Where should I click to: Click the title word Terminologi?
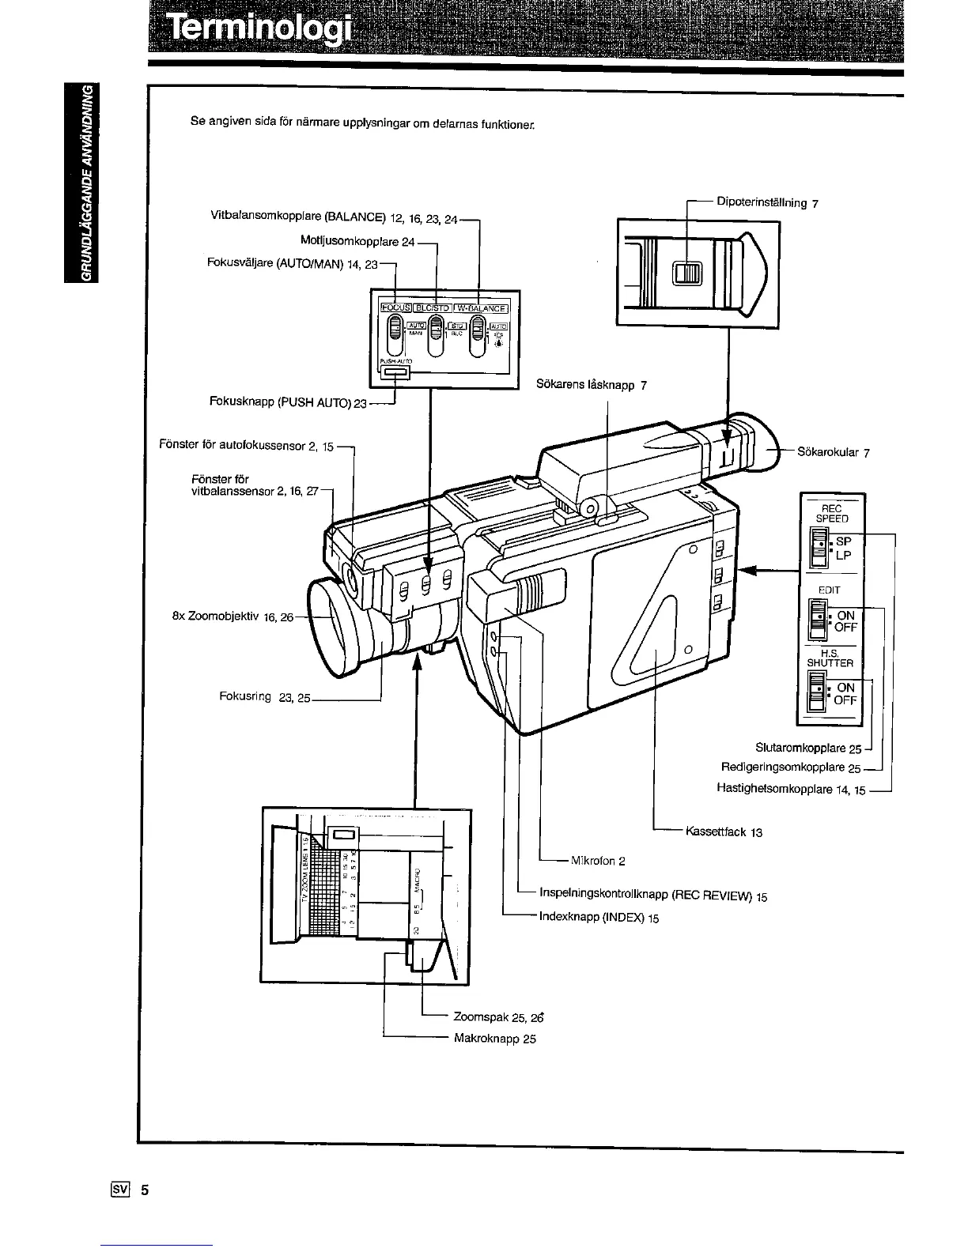tap(257, 33)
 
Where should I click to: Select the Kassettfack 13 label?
tap(724, 832)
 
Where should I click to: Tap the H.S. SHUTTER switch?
tap(815, 692)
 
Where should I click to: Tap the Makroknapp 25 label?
tap(495, 1038)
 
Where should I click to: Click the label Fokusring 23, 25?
tap(265, 696)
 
